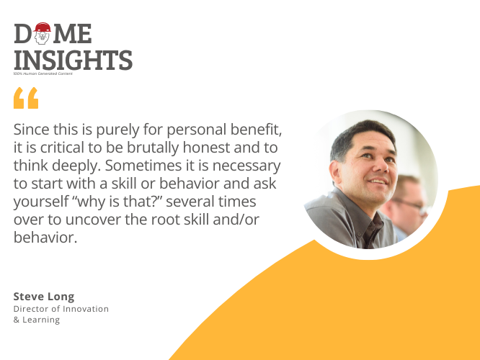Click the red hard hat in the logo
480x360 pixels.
point(42,27)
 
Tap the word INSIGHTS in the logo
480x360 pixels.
point(74,60)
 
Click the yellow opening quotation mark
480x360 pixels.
point(26,98)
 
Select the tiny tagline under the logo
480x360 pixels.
point(43,73)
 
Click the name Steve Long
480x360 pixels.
point(44,297)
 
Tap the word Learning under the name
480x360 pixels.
point(41,320)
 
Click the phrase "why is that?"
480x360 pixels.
point(117,202)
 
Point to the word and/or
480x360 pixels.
point(236,220)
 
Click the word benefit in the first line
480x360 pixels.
point(256,130)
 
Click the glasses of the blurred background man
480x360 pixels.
point(409,204)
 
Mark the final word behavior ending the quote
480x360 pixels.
point(45,238)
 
